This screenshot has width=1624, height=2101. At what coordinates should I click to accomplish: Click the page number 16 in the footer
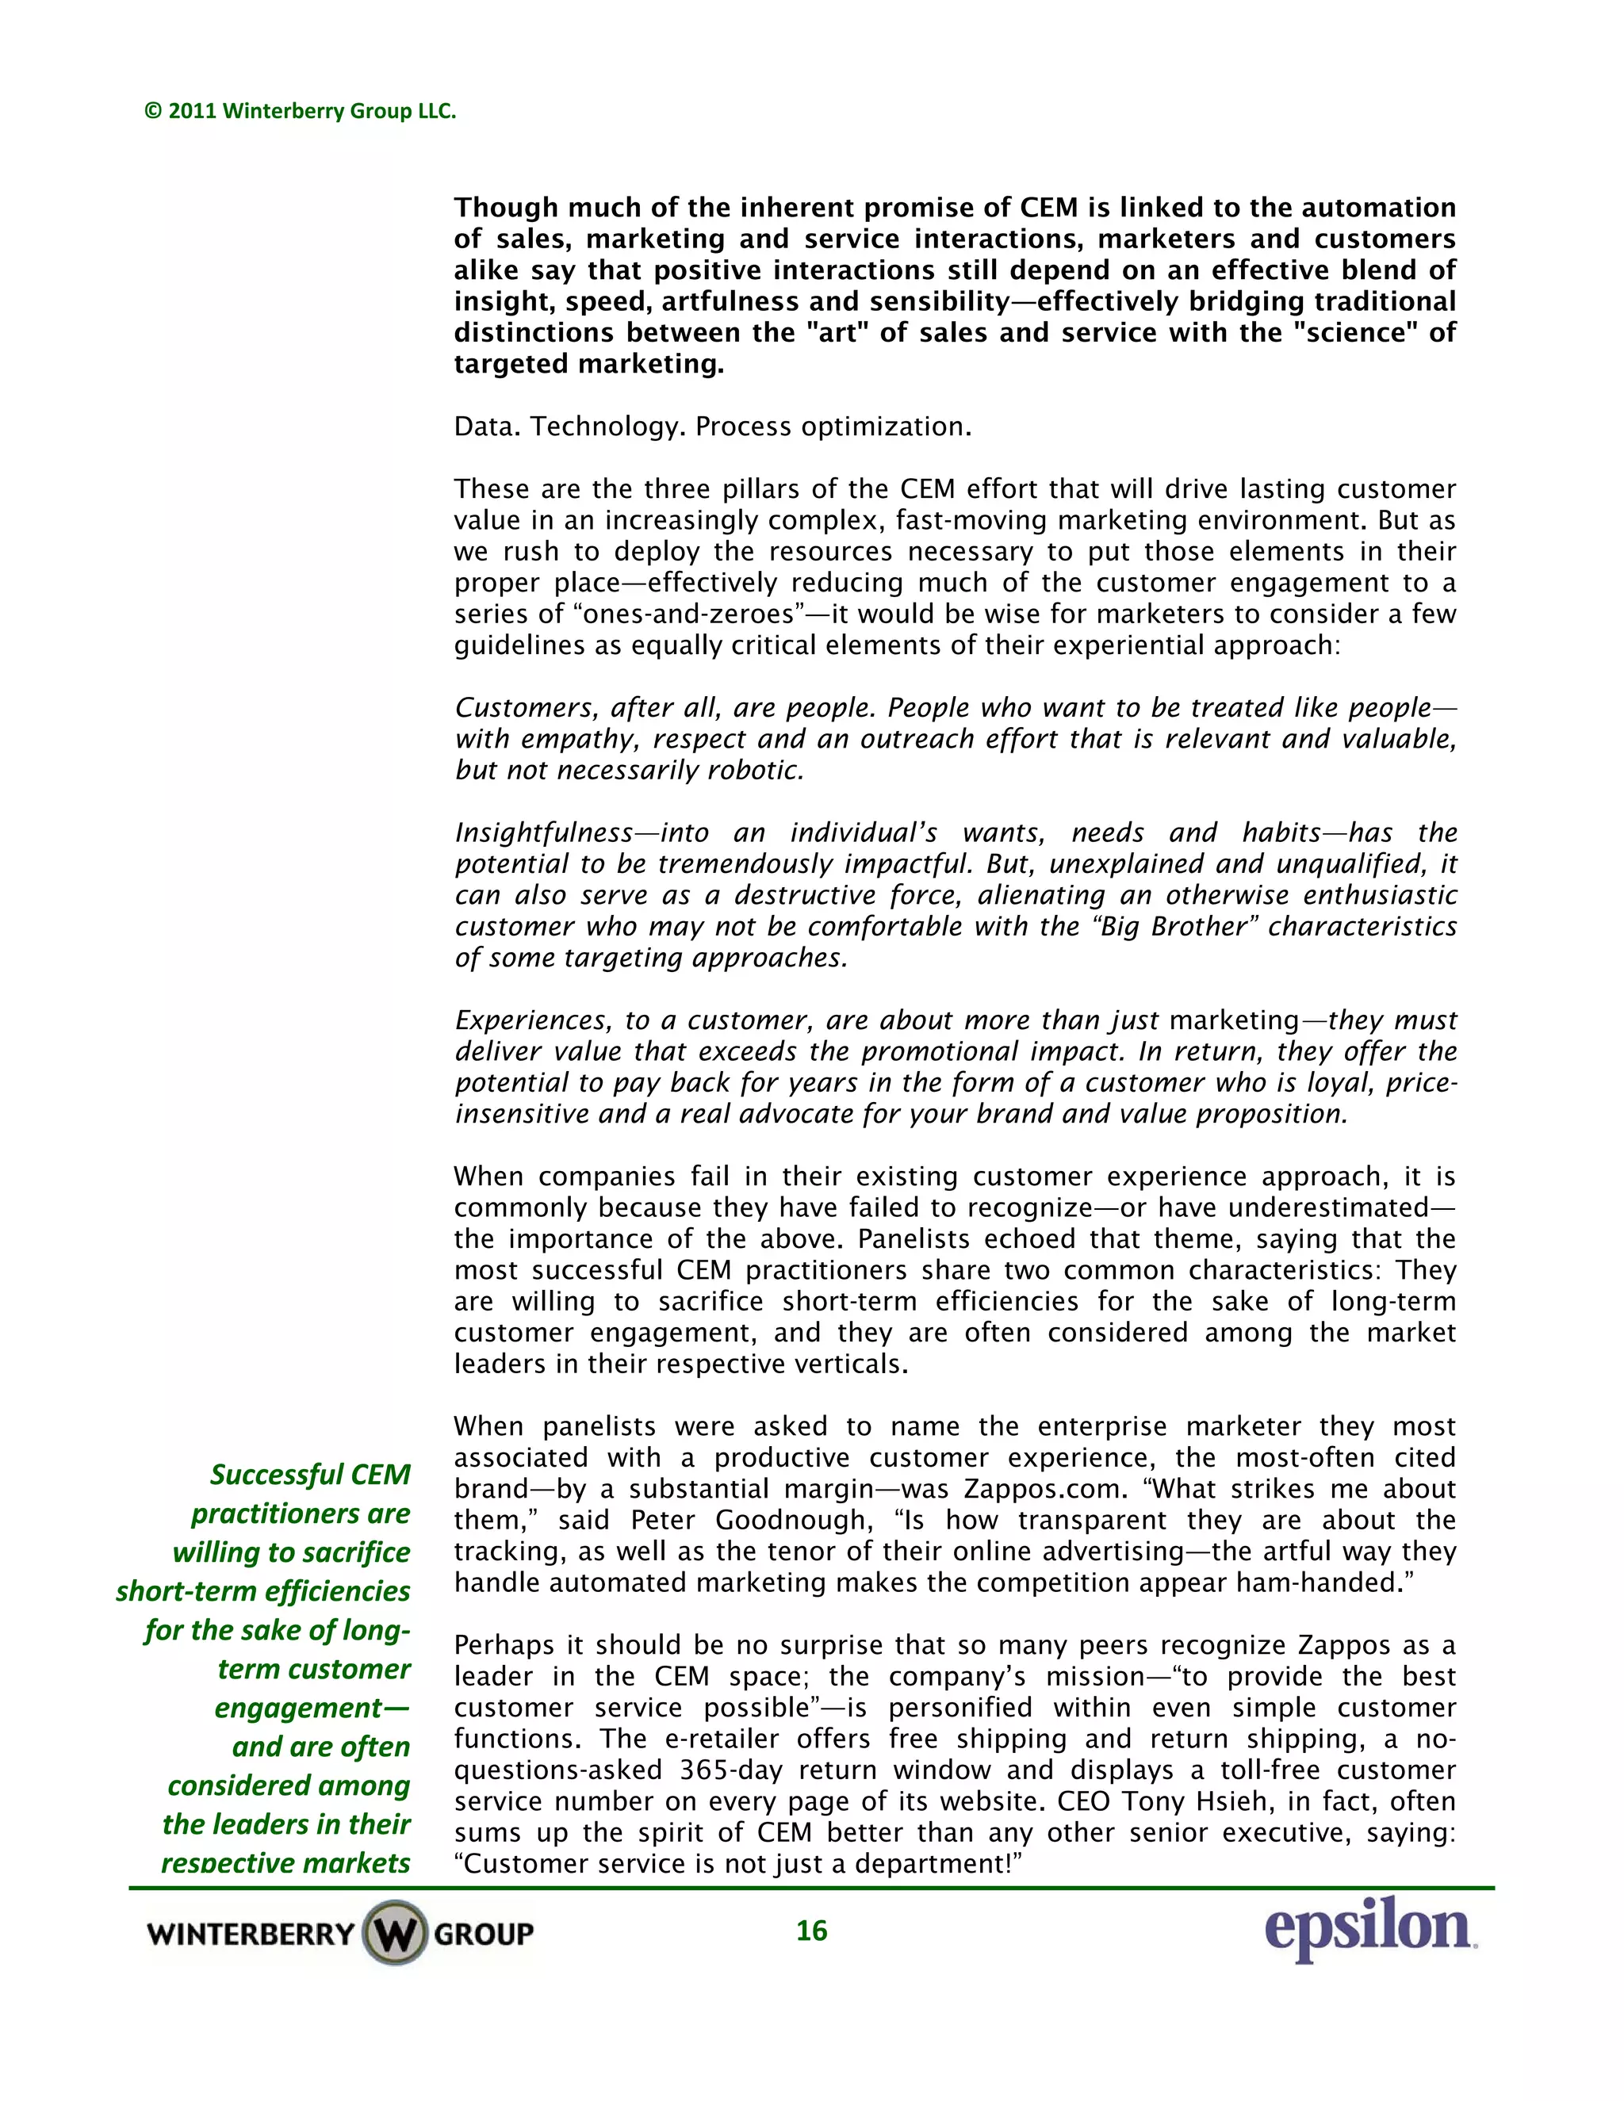tap(811, 1930)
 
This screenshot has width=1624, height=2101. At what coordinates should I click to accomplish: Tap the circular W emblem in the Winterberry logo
tap(394, 1933)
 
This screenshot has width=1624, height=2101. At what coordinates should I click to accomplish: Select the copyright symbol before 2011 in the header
tap(152, 112)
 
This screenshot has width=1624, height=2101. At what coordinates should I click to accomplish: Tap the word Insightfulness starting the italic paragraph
tap(543, 833)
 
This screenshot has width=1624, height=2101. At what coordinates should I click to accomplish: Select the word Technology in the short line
tap(608, 427)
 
